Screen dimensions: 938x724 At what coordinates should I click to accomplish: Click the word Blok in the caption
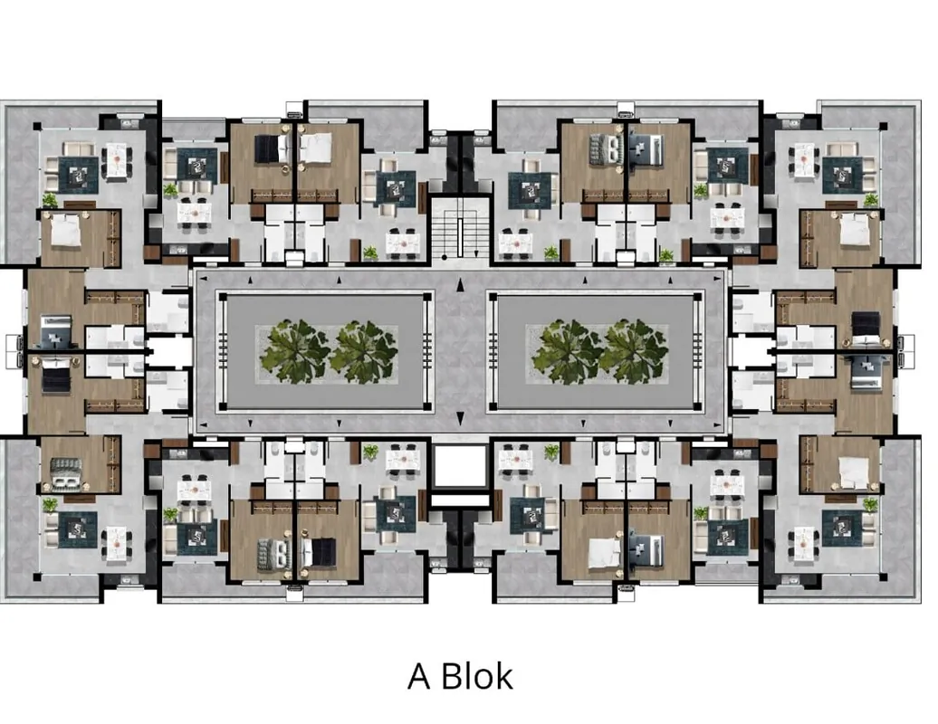pyautogui.click(x=477, y=676)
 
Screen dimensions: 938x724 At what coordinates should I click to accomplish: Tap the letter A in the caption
pyautogui.click(x=419, y=677)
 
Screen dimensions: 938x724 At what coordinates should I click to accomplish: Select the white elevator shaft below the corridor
pyautogui.click(x=459, y=466)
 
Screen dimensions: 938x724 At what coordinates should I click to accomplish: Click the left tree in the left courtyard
pyautogui.click(x=294, y=351)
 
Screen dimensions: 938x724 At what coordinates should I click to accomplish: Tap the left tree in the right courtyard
pyautogui.click(x=566, y=351)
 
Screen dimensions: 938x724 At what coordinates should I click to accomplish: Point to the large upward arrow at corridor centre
pyautogui.click(x=460, y=285)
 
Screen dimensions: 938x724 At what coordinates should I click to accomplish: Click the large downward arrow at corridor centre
pyautogui.click(x=460, y=418)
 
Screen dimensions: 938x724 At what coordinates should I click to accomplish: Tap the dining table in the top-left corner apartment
pyautogui.click(x=117, y=160)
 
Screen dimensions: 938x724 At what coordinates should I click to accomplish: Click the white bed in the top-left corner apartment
pyautogui.click(x=66, y=231)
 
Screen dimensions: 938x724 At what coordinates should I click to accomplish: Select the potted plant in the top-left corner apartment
pyautogui.click(x=50, y=200)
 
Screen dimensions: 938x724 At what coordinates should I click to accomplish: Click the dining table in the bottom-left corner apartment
pyautogui.click(x=117, y=543)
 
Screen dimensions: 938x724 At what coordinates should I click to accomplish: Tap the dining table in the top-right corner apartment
pyautogui.click(x=803, y=160)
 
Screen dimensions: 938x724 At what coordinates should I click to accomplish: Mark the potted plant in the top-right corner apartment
pyautogui.click(x=870, y=200)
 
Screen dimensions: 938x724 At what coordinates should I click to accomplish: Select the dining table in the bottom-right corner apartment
pyautogui.click(x=803, y=543)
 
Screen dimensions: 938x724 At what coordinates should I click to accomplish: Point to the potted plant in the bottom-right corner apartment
pyautogui.click(x=870, y=505)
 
